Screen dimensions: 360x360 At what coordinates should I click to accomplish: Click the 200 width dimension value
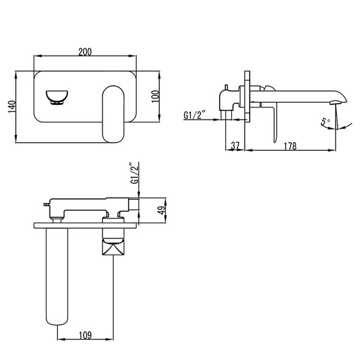pos(85,52)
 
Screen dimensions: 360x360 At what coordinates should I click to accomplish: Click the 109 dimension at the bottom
pos(85,334)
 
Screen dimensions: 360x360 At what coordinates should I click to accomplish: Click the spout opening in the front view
pos(57,96)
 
